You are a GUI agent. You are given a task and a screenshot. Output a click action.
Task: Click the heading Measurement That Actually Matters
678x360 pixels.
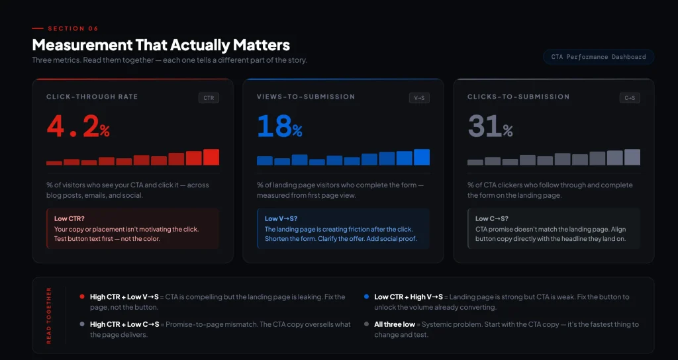pos(161,45)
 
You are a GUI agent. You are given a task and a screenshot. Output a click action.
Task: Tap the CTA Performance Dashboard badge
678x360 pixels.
pos(598,57)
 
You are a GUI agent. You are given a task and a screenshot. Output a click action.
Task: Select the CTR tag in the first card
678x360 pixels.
pos(209,98)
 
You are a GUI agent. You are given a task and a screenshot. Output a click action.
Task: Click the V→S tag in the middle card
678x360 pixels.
pos(419,98)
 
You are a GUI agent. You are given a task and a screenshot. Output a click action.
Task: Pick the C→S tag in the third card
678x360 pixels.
pos(630,98)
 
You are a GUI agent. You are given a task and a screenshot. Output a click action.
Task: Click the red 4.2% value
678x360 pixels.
pos(78,126)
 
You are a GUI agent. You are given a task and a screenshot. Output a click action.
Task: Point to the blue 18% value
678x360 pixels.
pos(279,126)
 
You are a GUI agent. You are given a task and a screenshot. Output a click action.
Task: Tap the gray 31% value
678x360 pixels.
pos(490,126)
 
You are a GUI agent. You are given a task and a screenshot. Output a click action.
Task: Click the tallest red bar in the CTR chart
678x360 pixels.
pos(211,157)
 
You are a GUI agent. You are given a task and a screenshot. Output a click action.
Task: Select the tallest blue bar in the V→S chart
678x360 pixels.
pos(422,157)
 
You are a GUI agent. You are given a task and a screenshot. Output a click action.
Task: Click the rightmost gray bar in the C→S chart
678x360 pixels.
pos(632,157)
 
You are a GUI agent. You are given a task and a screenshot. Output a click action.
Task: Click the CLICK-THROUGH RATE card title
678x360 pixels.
pos(92,97)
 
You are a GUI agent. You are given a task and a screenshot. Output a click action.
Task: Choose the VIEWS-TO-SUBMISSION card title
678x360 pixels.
pos(306,97)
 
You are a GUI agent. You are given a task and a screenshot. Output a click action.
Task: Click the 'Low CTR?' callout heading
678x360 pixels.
pos(69,218)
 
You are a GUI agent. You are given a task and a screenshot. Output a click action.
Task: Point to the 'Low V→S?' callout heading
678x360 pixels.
pos(281,218)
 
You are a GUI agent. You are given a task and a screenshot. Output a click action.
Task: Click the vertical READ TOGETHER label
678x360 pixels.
pos(48,316)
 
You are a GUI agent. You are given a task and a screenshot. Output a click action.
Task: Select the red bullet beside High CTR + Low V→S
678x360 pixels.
pos(81,297)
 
